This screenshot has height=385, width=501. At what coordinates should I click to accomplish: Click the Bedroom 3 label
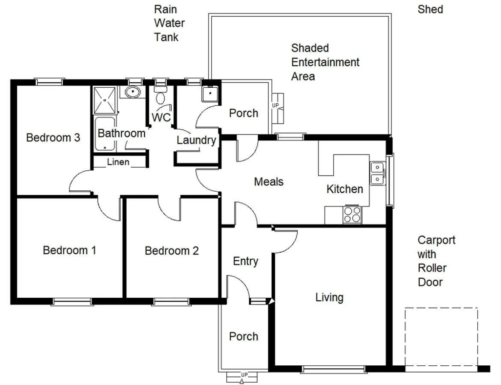[53, 138]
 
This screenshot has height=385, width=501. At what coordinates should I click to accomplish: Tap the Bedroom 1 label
[69, 250]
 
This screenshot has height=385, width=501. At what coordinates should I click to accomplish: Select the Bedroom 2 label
[172, 251]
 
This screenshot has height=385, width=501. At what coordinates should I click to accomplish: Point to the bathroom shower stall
[104, 100]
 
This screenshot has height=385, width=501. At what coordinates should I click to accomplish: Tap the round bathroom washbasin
[133, 92]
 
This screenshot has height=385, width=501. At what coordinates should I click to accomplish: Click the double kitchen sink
[378, 173]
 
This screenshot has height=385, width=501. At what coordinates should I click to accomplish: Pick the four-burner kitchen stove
[352, 215]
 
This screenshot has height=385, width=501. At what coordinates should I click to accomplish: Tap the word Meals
[268, 182]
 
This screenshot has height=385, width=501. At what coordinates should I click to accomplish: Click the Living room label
[329, 297]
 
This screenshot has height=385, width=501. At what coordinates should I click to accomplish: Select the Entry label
[245, 261]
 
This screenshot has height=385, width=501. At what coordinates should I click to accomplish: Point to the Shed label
[430, 9]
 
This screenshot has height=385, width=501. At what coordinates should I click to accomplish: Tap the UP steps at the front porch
[242, 377]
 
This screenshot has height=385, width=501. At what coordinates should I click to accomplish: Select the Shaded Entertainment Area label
[325, 62]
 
